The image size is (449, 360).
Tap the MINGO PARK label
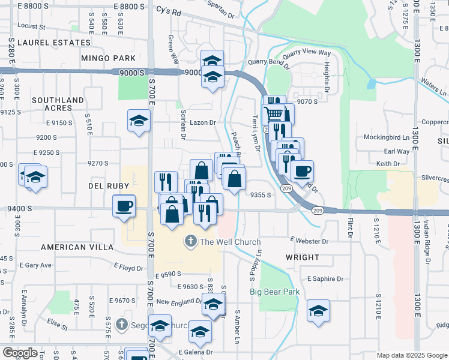click(x=108, y=59)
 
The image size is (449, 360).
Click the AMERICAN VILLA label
click(x=77, y=247)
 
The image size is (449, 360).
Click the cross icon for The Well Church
click(x=191, y=242)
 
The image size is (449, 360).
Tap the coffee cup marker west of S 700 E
click(x=124, y=206)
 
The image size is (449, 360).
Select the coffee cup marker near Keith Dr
click(x=302, y=171)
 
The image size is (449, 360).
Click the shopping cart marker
click(x=274, y=113)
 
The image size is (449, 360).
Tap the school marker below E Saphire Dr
click(x=318, y=310)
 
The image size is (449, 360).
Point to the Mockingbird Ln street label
click(x=391, y=137)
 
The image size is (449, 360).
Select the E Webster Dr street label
click(x=309, y=241)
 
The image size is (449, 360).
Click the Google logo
click(x=20, y=352)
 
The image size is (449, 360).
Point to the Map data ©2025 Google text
click(x=411, y=355)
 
